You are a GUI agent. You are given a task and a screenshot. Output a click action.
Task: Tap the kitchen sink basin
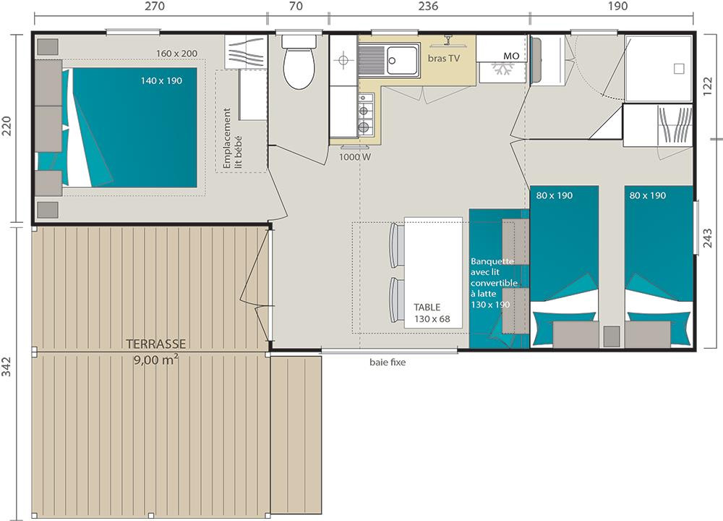point(402,60)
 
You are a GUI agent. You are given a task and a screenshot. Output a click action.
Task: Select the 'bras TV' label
point(444,58)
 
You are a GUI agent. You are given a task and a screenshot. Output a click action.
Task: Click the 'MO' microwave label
point(511,56)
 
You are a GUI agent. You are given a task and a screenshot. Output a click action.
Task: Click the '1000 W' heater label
point(354,157)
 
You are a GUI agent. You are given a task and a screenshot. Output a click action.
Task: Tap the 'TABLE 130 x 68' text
point(432,313)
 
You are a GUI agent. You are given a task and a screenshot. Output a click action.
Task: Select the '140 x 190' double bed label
point(161,81)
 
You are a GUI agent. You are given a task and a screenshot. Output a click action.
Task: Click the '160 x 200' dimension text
point(176,54)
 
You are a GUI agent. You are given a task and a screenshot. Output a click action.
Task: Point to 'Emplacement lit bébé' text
point(232,138)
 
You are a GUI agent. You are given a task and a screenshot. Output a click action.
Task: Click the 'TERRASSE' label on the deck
point(156,344)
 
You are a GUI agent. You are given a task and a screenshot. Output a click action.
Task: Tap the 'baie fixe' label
point(388,363)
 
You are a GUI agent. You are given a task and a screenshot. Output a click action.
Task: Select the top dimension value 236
point(428,6)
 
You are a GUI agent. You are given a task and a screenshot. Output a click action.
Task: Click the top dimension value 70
point(296,6)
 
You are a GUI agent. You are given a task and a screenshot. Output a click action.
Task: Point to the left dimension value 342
point(6,366)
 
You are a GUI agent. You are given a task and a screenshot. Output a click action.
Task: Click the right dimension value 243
point(708,238)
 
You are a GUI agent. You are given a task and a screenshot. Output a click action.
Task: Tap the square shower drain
point(679,69)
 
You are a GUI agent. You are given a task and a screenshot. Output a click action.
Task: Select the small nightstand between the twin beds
point(612,336)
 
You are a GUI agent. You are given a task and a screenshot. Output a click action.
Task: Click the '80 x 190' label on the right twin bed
point(647,195)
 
